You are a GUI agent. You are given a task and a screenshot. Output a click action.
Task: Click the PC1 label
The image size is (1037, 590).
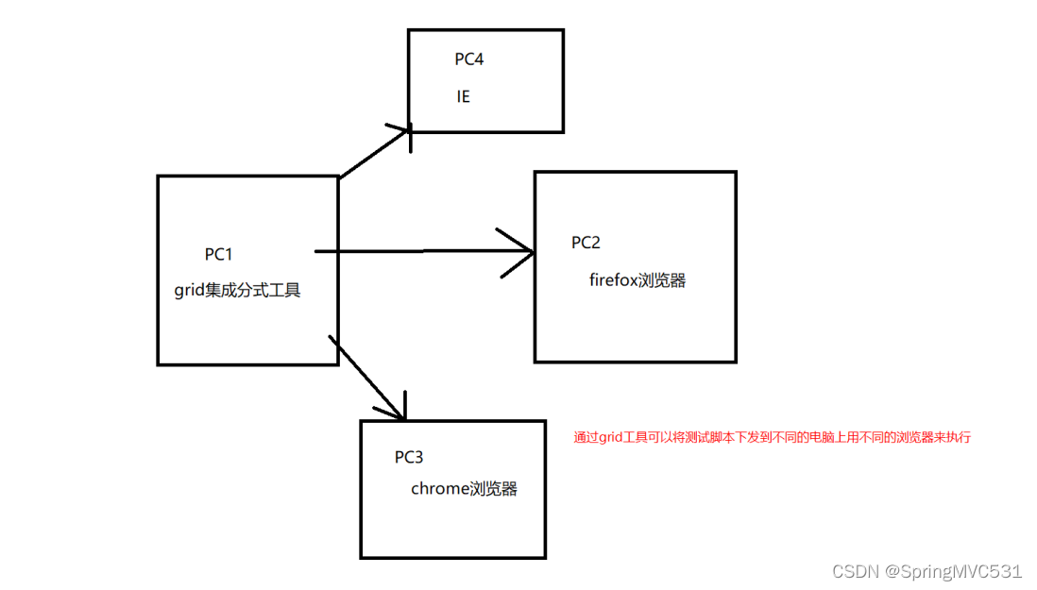click(218, 254)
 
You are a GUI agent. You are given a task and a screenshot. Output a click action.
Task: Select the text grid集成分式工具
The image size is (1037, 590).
click(237, 290)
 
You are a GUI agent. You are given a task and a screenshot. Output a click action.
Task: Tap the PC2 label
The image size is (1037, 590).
click(586, 243)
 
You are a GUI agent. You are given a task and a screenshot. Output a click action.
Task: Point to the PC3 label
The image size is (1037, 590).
click(409, 457)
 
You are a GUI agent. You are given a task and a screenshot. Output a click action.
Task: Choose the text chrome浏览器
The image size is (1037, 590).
click(464, 488)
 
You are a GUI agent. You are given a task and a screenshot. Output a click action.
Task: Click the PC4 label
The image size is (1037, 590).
click(469, 59)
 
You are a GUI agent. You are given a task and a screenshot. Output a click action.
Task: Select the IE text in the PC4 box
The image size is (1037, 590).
click(464, 96)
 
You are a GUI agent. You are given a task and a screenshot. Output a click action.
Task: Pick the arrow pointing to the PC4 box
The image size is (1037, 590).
click(373, 153)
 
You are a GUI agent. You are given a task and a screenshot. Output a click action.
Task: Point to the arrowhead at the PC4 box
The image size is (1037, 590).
click(404, 130)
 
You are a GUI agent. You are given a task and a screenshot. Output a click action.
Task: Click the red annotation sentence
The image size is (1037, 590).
click(773, 437)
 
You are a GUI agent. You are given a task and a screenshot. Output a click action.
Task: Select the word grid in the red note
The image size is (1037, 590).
click(613, 437)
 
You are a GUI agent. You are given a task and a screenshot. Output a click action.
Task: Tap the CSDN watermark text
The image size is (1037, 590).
click(854, 571)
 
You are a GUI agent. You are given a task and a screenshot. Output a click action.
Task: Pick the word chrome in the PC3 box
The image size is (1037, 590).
click(441, 488)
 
